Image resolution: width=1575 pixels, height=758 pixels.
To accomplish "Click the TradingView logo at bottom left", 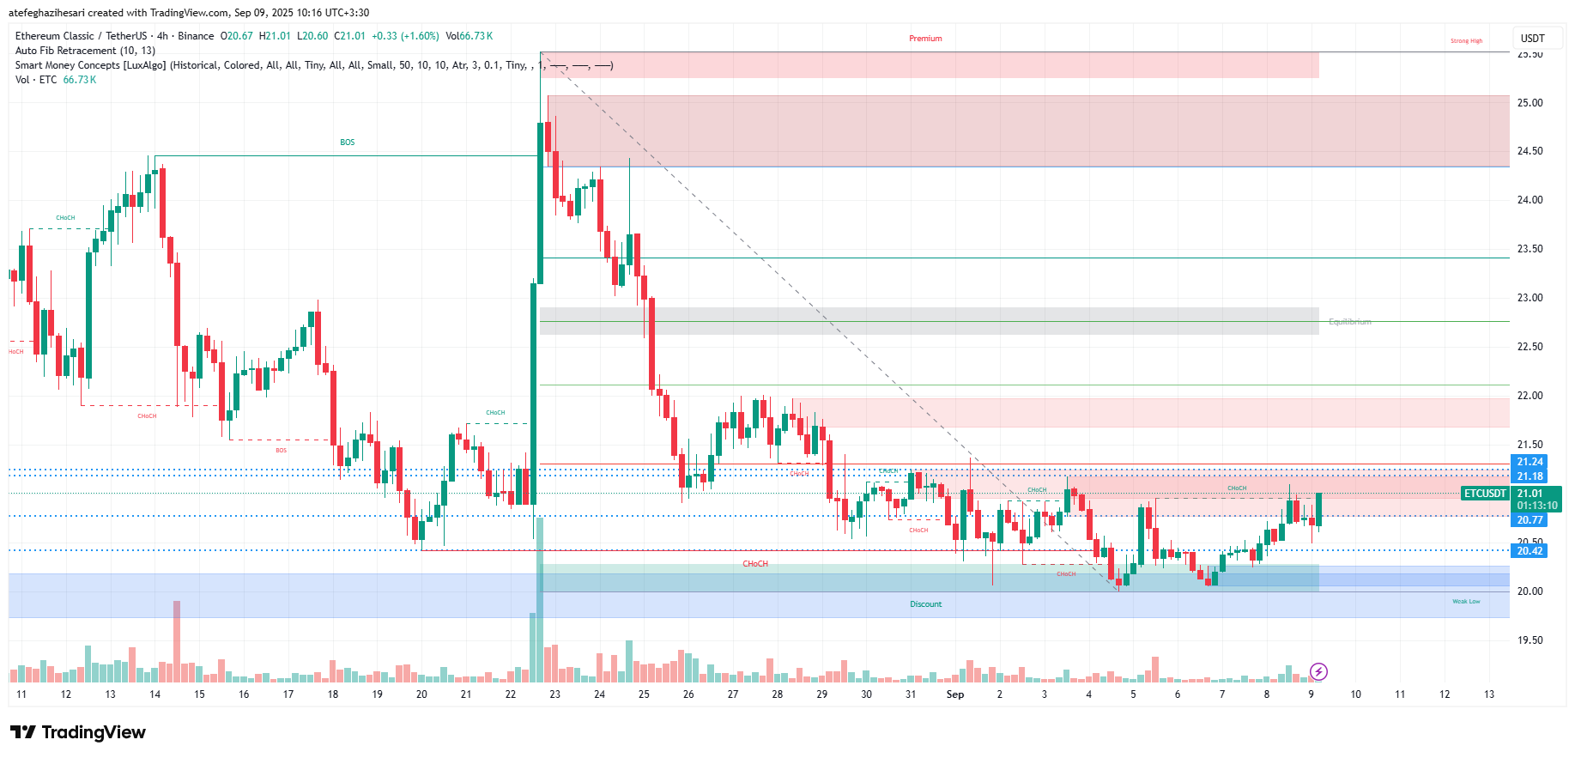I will tap(78, 732).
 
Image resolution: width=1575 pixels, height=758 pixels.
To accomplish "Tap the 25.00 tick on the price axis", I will tap(1530, 103).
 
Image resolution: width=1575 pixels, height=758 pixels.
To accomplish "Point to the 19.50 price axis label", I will tap(1530, 640).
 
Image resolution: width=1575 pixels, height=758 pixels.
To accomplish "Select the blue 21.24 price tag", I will tap(1529, 462).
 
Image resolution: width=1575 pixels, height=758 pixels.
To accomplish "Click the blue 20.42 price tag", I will tap(1529, 551).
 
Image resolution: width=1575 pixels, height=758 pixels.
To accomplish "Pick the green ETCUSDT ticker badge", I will tap(1485, 494).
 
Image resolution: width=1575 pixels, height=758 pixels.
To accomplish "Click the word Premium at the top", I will tap(925, 39).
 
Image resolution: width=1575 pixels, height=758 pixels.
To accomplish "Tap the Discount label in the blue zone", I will tap(925, 604).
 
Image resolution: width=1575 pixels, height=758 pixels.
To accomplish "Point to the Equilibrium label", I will tap(1349, 322).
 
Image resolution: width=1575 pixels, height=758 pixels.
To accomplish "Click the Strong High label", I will tap(1466, 41).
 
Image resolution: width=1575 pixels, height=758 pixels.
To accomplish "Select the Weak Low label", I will tap(1466, 602).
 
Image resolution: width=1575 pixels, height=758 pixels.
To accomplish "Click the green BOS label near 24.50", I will tap(347, 143).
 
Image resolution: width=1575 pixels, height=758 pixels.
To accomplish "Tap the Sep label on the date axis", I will tap(954, 694).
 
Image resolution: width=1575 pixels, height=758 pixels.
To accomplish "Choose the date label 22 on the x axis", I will tap(511, 694).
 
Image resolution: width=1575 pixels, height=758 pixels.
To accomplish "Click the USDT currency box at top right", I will tap(1532, 39).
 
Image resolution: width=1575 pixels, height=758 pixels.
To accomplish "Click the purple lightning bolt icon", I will tap(1318, 671).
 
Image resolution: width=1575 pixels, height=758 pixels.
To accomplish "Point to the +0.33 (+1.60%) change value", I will tap(405, 36).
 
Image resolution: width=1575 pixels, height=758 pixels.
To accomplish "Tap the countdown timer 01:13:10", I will tap(1536, 506).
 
